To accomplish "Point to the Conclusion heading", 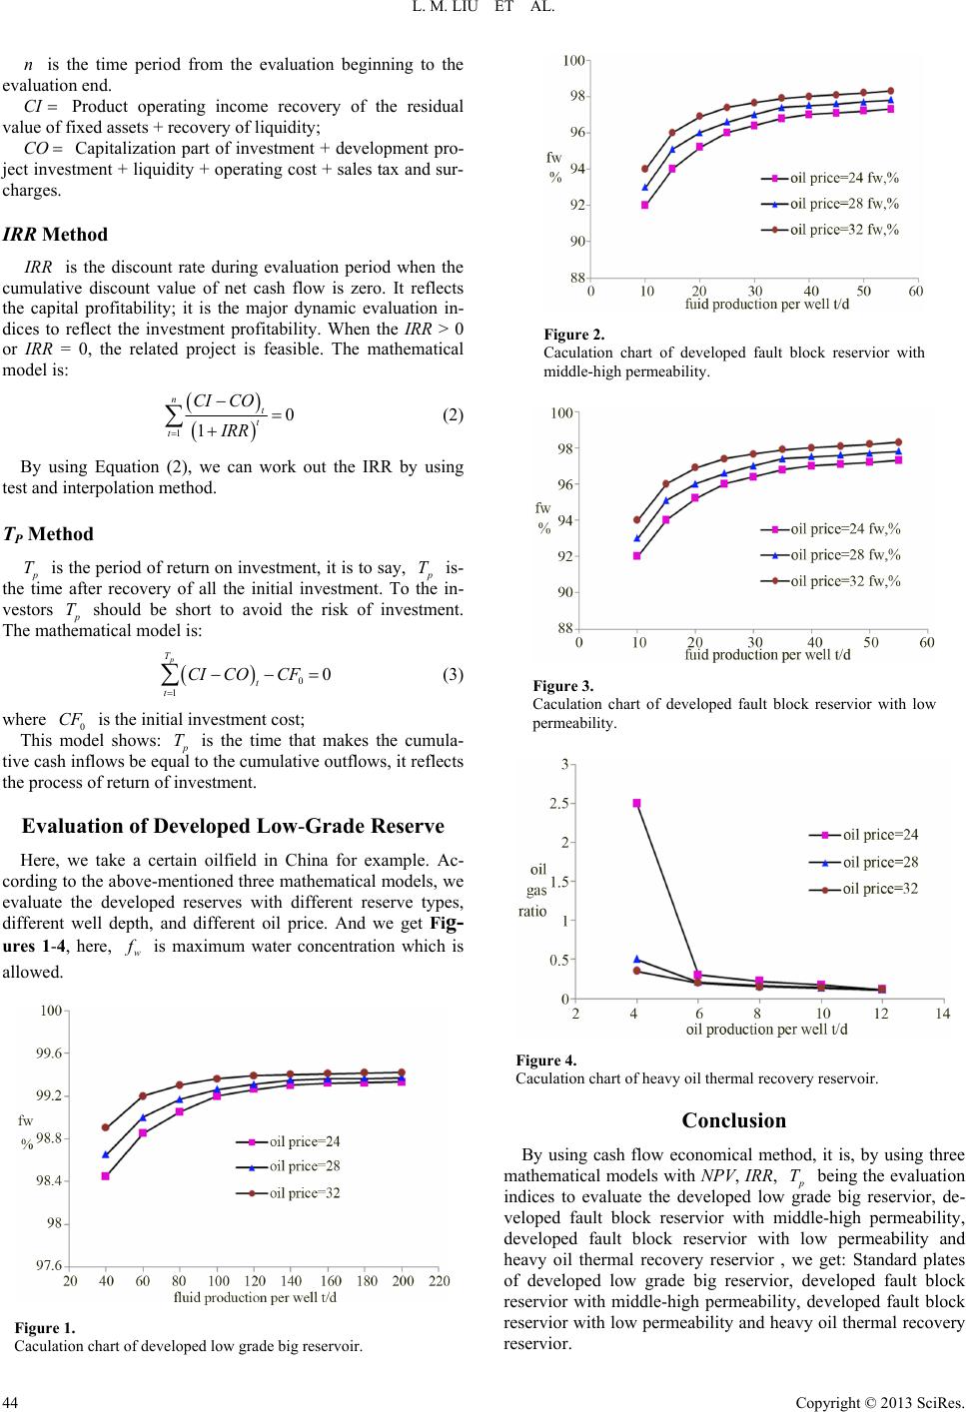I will pyautogui.click(x=733, y=1120).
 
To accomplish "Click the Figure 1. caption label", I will pyautogui.click(x=45, y=1328).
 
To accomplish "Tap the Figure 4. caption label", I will pyautogui.click(x=545, y=1060).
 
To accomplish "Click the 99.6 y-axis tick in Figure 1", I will pyautogui.click(x=50, y=1053).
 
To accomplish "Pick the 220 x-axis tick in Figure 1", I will pyautogui.click(x=439, y=1280).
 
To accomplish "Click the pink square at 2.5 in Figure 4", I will pyautogui.click(x=636, y=803).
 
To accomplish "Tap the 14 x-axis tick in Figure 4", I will pyautogui.click(x=942, y=1014).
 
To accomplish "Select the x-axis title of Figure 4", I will pyautogui.click(x=766, y=1029).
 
